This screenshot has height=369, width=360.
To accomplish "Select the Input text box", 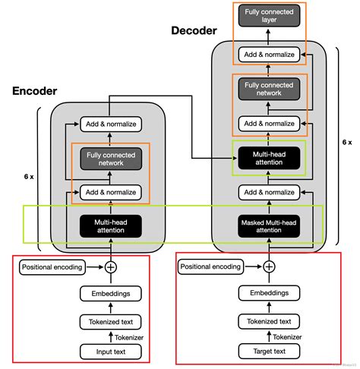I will pos(111,352).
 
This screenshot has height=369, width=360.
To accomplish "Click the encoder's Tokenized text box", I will pos(111,322).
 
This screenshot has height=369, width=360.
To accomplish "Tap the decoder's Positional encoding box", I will pos(210,267).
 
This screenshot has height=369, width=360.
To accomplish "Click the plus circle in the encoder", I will pos(111,267).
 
